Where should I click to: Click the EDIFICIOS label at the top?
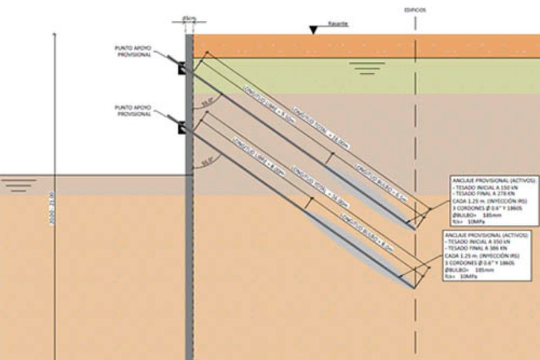coord(415,10)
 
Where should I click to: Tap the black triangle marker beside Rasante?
coord(314,29)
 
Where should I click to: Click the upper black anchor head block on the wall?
coord(181,68)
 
